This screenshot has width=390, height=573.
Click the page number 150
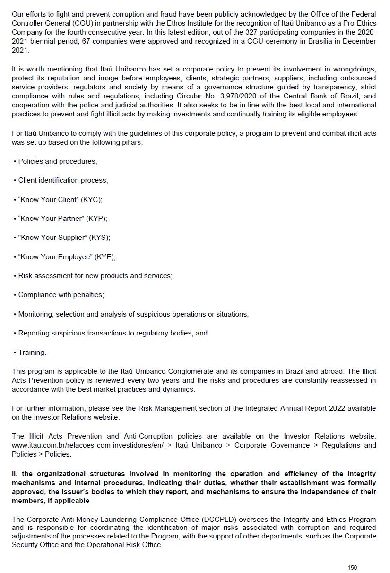(352, 567)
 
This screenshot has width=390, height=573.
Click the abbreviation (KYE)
(105, 257)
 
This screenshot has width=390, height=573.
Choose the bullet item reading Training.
(32, 353)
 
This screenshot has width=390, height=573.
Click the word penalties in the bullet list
(88, 295)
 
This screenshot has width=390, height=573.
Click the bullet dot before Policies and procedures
(15, 161)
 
